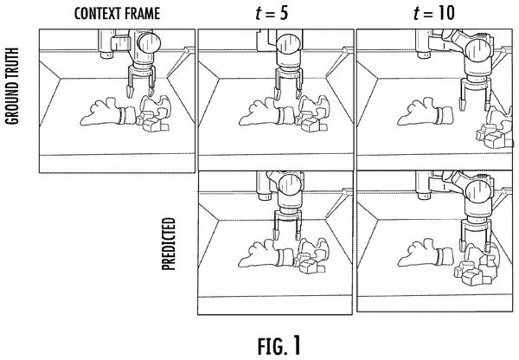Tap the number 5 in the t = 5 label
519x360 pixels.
pos(282,13)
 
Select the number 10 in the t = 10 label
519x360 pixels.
pos(445,13)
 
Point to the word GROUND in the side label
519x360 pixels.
pos(12,104)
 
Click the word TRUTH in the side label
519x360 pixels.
pos(12,65)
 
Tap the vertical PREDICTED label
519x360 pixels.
pos(169,244)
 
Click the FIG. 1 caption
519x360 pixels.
pos(279,346)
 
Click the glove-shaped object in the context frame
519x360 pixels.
pos(108,112)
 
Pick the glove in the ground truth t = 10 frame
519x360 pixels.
pos(425,112)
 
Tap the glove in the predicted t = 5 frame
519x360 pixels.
pos(266,254)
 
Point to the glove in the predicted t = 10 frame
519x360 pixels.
pos(425,254)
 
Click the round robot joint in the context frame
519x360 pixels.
pos(149,43)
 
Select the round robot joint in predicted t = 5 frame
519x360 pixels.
pos(291,185)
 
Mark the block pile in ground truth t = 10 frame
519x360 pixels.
pos(495,128)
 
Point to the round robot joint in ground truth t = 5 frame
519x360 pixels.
pos(288,44)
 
